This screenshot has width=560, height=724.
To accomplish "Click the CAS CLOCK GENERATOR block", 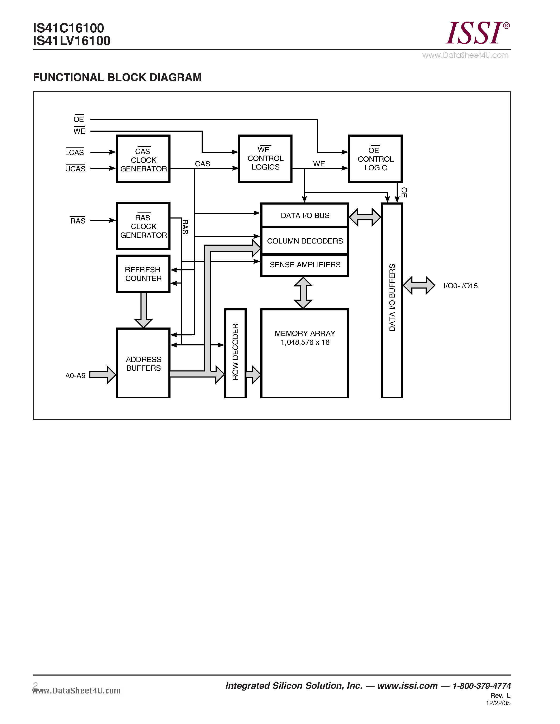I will [143, 159].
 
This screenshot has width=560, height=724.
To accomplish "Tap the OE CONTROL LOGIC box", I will [375, 159].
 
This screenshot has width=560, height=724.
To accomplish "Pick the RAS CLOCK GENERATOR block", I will [143, 226].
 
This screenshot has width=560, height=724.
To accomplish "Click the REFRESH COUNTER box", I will [143, 274].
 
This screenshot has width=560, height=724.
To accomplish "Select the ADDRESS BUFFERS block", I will [143, 363].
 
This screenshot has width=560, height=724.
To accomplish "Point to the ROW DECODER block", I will [235, 353].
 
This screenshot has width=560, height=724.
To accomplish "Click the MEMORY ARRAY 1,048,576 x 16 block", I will [305, 353].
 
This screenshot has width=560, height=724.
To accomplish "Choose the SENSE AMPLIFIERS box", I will [305, 265].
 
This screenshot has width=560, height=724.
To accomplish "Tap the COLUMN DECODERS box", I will [305, 241].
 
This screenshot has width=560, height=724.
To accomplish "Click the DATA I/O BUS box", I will [305, 215].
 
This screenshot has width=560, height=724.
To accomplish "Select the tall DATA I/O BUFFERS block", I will [392, 300].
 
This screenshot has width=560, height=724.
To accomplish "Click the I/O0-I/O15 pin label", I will [460, 286].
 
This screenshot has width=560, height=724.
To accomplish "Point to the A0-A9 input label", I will [75, 376].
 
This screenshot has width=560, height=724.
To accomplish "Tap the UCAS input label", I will [75, 168].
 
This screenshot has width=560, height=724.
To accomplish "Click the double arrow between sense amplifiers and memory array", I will [303, 293].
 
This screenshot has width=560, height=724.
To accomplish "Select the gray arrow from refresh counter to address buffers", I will [143, 309].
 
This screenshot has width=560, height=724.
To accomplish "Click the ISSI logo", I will [476, 33].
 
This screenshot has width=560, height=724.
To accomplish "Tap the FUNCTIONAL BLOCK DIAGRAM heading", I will [117, 77].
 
